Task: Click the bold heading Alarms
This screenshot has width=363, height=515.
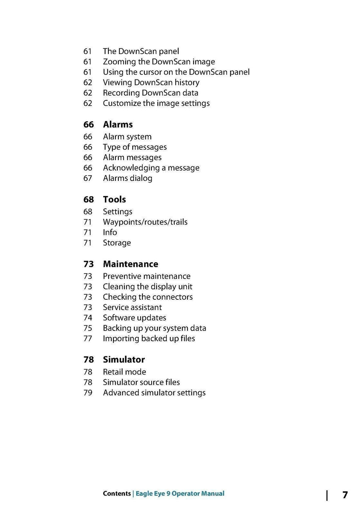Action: [118, 124]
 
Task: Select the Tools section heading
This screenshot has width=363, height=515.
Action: [114, 199]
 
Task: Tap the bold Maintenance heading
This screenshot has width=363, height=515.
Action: [130, 264]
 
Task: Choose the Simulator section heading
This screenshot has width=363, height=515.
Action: [124, 360]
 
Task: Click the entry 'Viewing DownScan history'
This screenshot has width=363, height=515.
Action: [151, 82]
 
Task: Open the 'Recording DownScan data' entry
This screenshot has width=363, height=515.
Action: [150, 93]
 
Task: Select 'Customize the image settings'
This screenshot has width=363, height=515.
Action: [156, 103]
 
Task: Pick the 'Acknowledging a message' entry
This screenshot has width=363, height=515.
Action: [151, 168]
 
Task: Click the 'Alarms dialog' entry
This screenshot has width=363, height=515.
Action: [127, 178]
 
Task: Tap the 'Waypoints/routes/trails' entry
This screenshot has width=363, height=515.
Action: [145, 222]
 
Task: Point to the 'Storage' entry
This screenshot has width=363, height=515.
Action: [117, 243]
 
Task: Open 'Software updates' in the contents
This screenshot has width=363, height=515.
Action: [134, 318]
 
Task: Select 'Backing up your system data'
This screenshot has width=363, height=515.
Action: [154, 328]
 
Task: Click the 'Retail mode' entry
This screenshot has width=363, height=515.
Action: [124, 372]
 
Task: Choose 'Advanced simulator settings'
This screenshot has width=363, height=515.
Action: [154, 393]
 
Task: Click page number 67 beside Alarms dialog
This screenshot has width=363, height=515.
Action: [88, 178]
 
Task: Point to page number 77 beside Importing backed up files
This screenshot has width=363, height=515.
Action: [88, 338]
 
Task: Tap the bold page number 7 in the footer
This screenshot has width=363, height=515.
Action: [345, 495]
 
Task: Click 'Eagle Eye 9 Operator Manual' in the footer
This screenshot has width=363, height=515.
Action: [180, 493]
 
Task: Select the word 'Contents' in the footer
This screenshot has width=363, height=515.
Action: [117, 493]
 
